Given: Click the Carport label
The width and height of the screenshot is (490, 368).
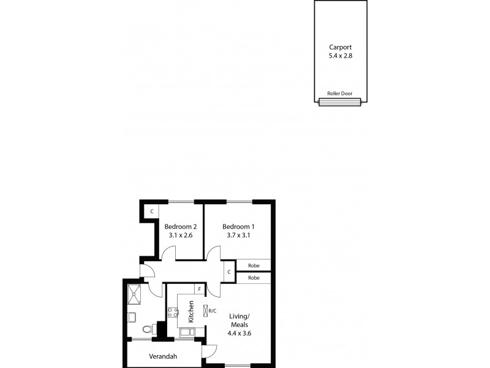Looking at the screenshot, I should pyautogui.click(x=341, y=46).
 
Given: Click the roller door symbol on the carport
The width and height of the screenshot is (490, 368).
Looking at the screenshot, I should pyautogui.click(x=341, y=102).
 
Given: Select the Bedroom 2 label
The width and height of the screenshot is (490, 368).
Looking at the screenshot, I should pyautogui.click(x=180, y=226).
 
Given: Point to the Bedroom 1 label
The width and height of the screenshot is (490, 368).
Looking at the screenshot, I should pyautogui.click(x=238, y=226).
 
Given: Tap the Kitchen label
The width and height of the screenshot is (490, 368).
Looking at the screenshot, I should pyautogui.click(x=190, y=312).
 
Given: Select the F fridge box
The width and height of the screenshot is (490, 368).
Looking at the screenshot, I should pyautogui.click(x=198, y=289).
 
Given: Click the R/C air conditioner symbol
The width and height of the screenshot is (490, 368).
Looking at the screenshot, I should pyautogui.click(x=206, y=311).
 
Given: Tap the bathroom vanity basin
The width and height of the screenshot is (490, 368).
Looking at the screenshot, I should pyautogui.click(x=132, y=316).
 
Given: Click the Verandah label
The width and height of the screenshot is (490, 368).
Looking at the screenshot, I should pyautogui.click(x=163, y=356).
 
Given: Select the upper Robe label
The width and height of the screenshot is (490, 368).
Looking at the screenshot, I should pyautogui.click(x=254, y=266).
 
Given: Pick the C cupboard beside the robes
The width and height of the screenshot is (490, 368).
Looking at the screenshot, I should pyautogui.click(x=228, y=270).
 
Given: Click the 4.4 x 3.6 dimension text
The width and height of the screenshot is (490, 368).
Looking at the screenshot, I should pyautogui.click(x=240, y=334).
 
